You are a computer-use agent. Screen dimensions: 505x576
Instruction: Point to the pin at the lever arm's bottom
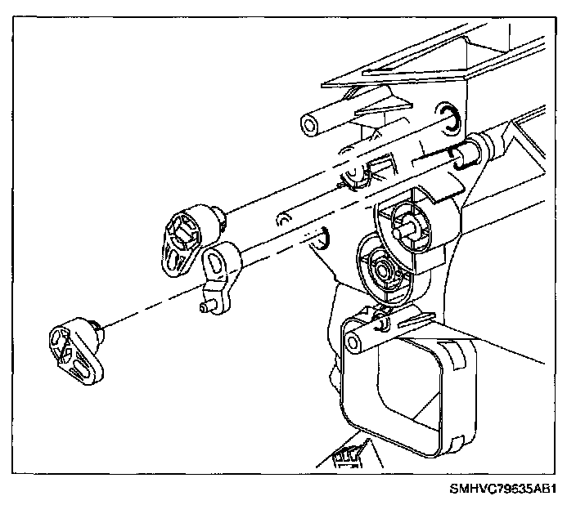pyautogui.click(x=208, y=307)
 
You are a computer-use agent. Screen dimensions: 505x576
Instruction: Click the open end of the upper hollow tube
pyautogui.click(x=310, y=126)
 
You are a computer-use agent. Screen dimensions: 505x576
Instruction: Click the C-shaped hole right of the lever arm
pyautogui.click(x=322, y=236)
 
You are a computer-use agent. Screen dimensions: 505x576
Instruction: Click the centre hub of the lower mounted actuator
pyautogui.click(x=381, y=267)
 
